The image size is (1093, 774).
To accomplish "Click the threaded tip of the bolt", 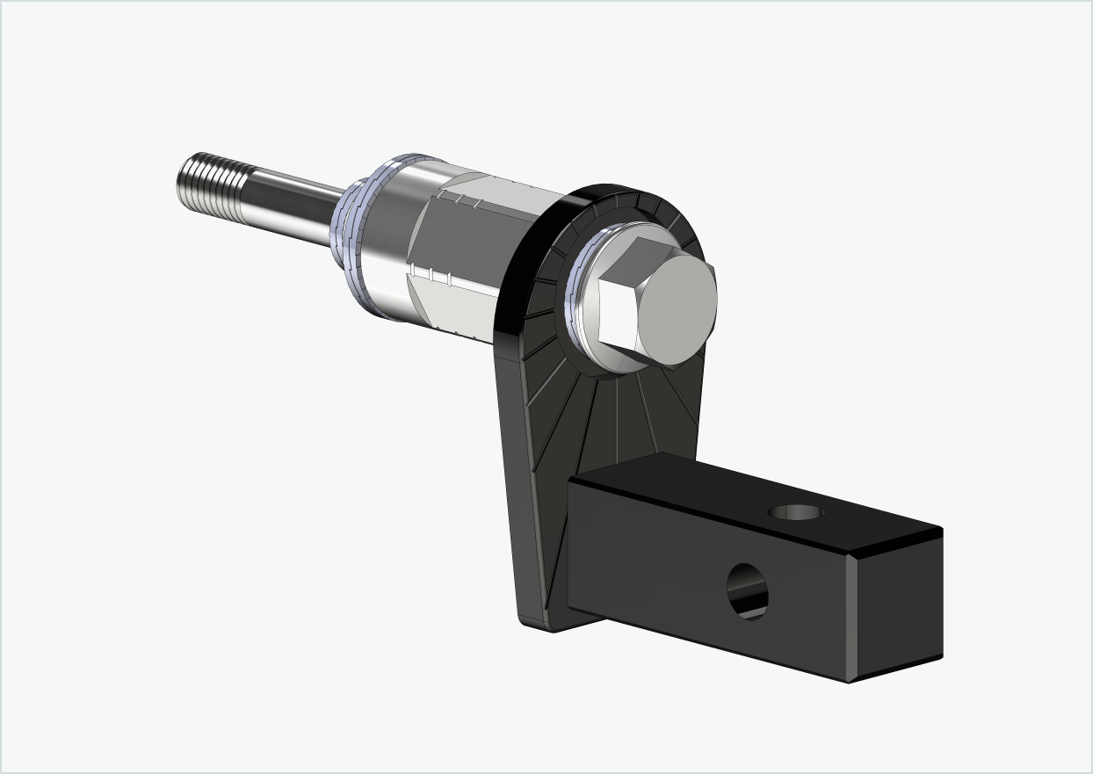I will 211,180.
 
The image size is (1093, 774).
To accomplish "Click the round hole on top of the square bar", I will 796,512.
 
